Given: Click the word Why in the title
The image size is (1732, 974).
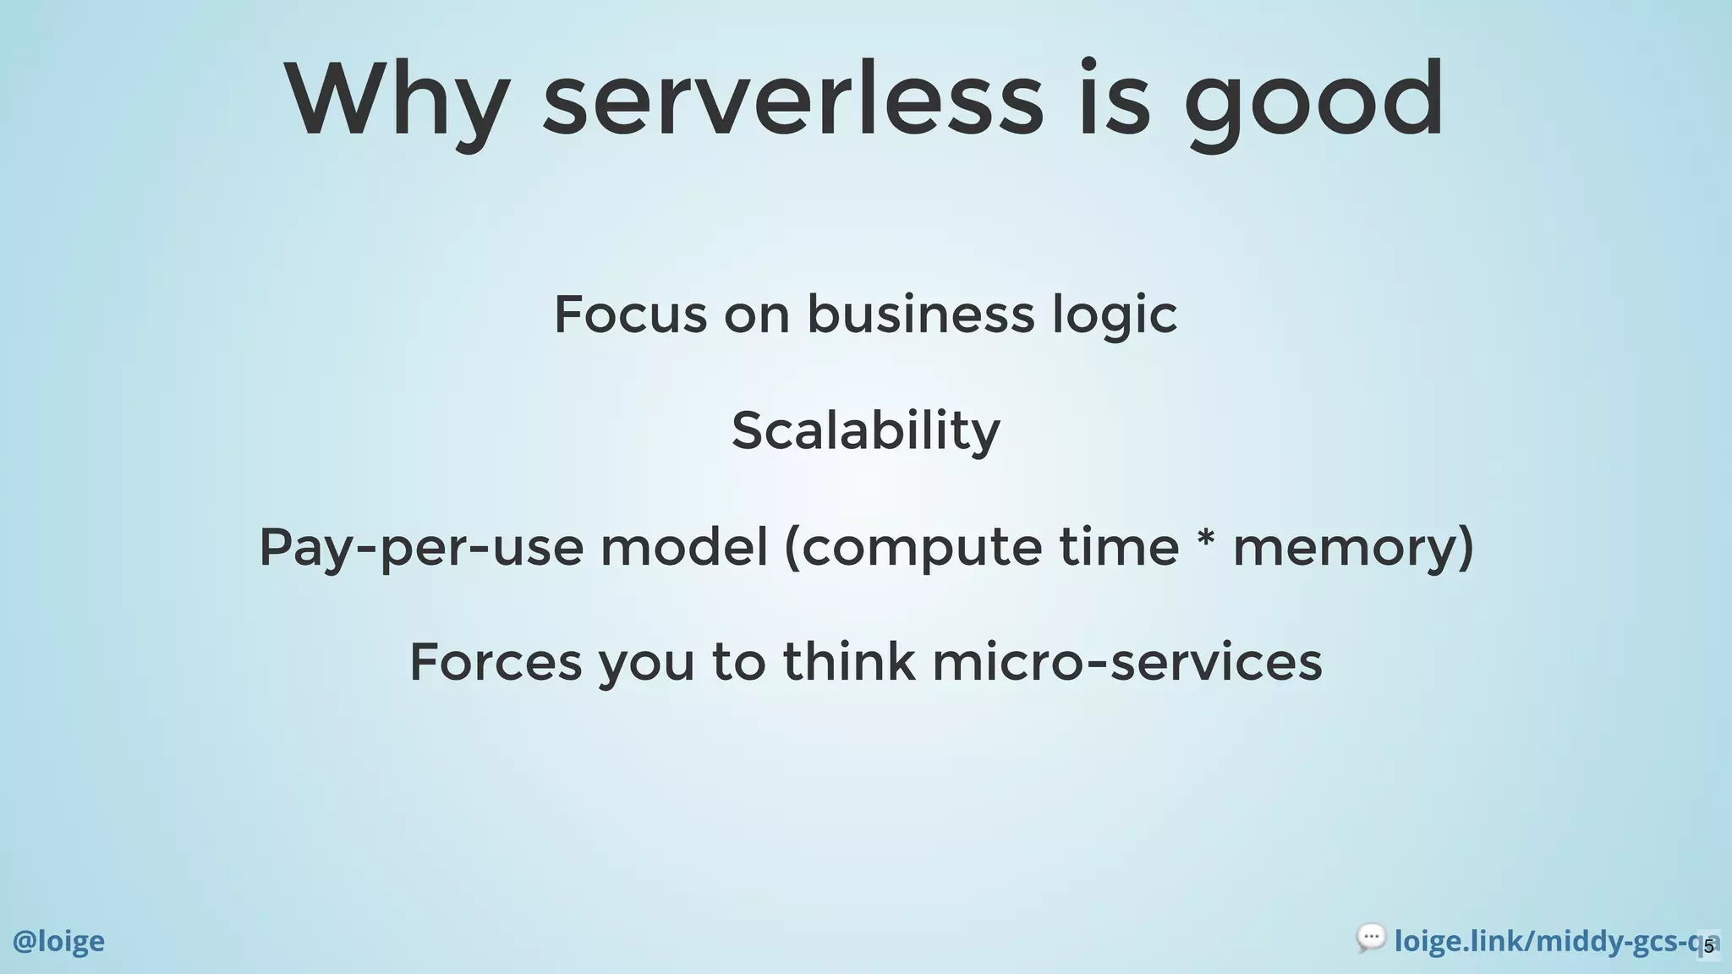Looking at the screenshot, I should pyautogui.click(x=396, y=101).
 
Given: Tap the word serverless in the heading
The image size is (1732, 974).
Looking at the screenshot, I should pyautogui.click(x=792, y=101).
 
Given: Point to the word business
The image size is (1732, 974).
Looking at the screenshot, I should pyautogui.click(x=920, y=315).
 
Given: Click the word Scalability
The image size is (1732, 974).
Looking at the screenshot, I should pyautogui.click(x=865, y=431).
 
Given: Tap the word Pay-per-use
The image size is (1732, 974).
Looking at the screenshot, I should pyautogui.click(x=420, y=548).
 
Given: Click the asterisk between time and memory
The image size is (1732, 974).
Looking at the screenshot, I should pyautogui.click(x=1207, y=541).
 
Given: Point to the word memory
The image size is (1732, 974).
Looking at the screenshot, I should pyautogui.click(x=1345, y=548).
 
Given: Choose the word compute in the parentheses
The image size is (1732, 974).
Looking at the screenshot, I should pyautogui.click(x=921, y=548).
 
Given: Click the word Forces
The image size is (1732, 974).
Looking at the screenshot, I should pyautogui.click(x=496, y=662).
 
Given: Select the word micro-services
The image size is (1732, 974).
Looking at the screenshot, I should pyautogui.click(x=1126, y=662).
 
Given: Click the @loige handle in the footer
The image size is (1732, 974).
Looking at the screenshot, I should pyautogui.click(x=58, y=941).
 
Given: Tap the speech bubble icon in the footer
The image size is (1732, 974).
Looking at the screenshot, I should pyautogui.click(x=1370, y=938).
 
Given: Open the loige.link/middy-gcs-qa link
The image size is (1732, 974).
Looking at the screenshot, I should pyautogui.click(x=1548, y=941).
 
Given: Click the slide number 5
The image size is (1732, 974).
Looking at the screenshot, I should pyautogui.click(x=1708, y=946).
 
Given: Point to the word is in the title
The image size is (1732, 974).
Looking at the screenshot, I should pyautogui.click(x=1114, y=101).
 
